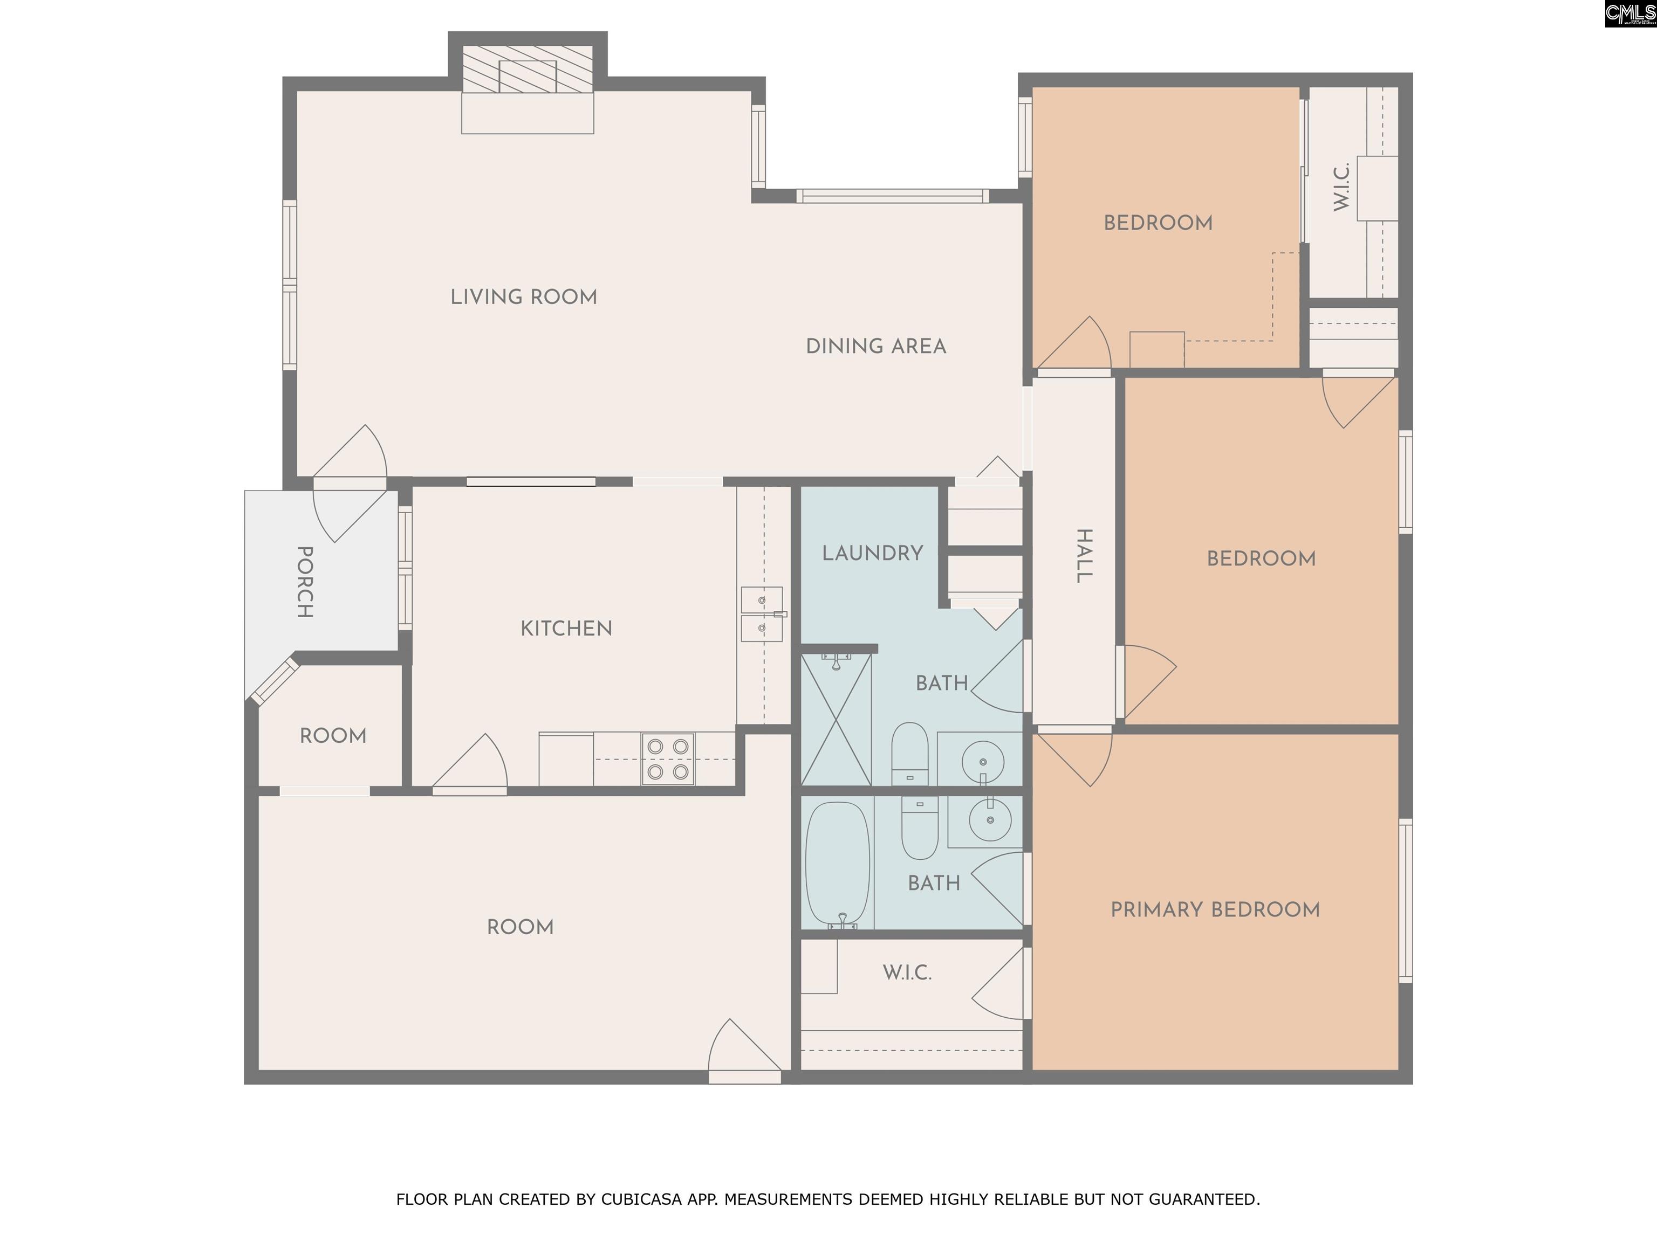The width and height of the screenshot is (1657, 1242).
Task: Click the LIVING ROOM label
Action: [x=524, y=297]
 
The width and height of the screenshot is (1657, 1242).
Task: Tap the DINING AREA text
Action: [x=875, y=347]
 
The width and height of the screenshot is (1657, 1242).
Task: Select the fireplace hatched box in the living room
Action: [x=528, y=70]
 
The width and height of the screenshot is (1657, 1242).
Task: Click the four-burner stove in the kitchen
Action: [x=667, y=759]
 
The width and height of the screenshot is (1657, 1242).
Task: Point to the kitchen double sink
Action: [x=762, y=615]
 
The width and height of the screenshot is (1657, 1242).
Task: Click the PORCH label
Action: [x=305, y=582]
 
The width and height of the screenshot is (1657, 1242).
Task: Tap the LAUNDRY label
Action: [x=872, y=553]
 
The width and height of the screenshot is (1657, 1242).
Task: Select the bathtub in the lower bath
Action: [x=838, y=864]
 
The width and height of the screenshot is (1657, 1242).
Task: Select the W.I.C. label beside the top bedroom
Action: [x=1341, y=187]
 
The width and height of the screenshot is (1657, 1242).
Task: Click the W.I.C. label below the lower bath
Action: [x=907, y=972]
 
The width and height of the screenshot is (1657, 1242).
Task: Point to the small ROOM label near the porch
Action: [x=333, y=736]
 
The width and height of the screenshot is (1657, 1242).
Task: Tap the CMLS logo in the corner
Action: [x=1630, y=13]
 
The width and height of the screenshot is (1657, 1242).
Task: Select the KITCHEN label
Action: [x=566, y=629]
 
